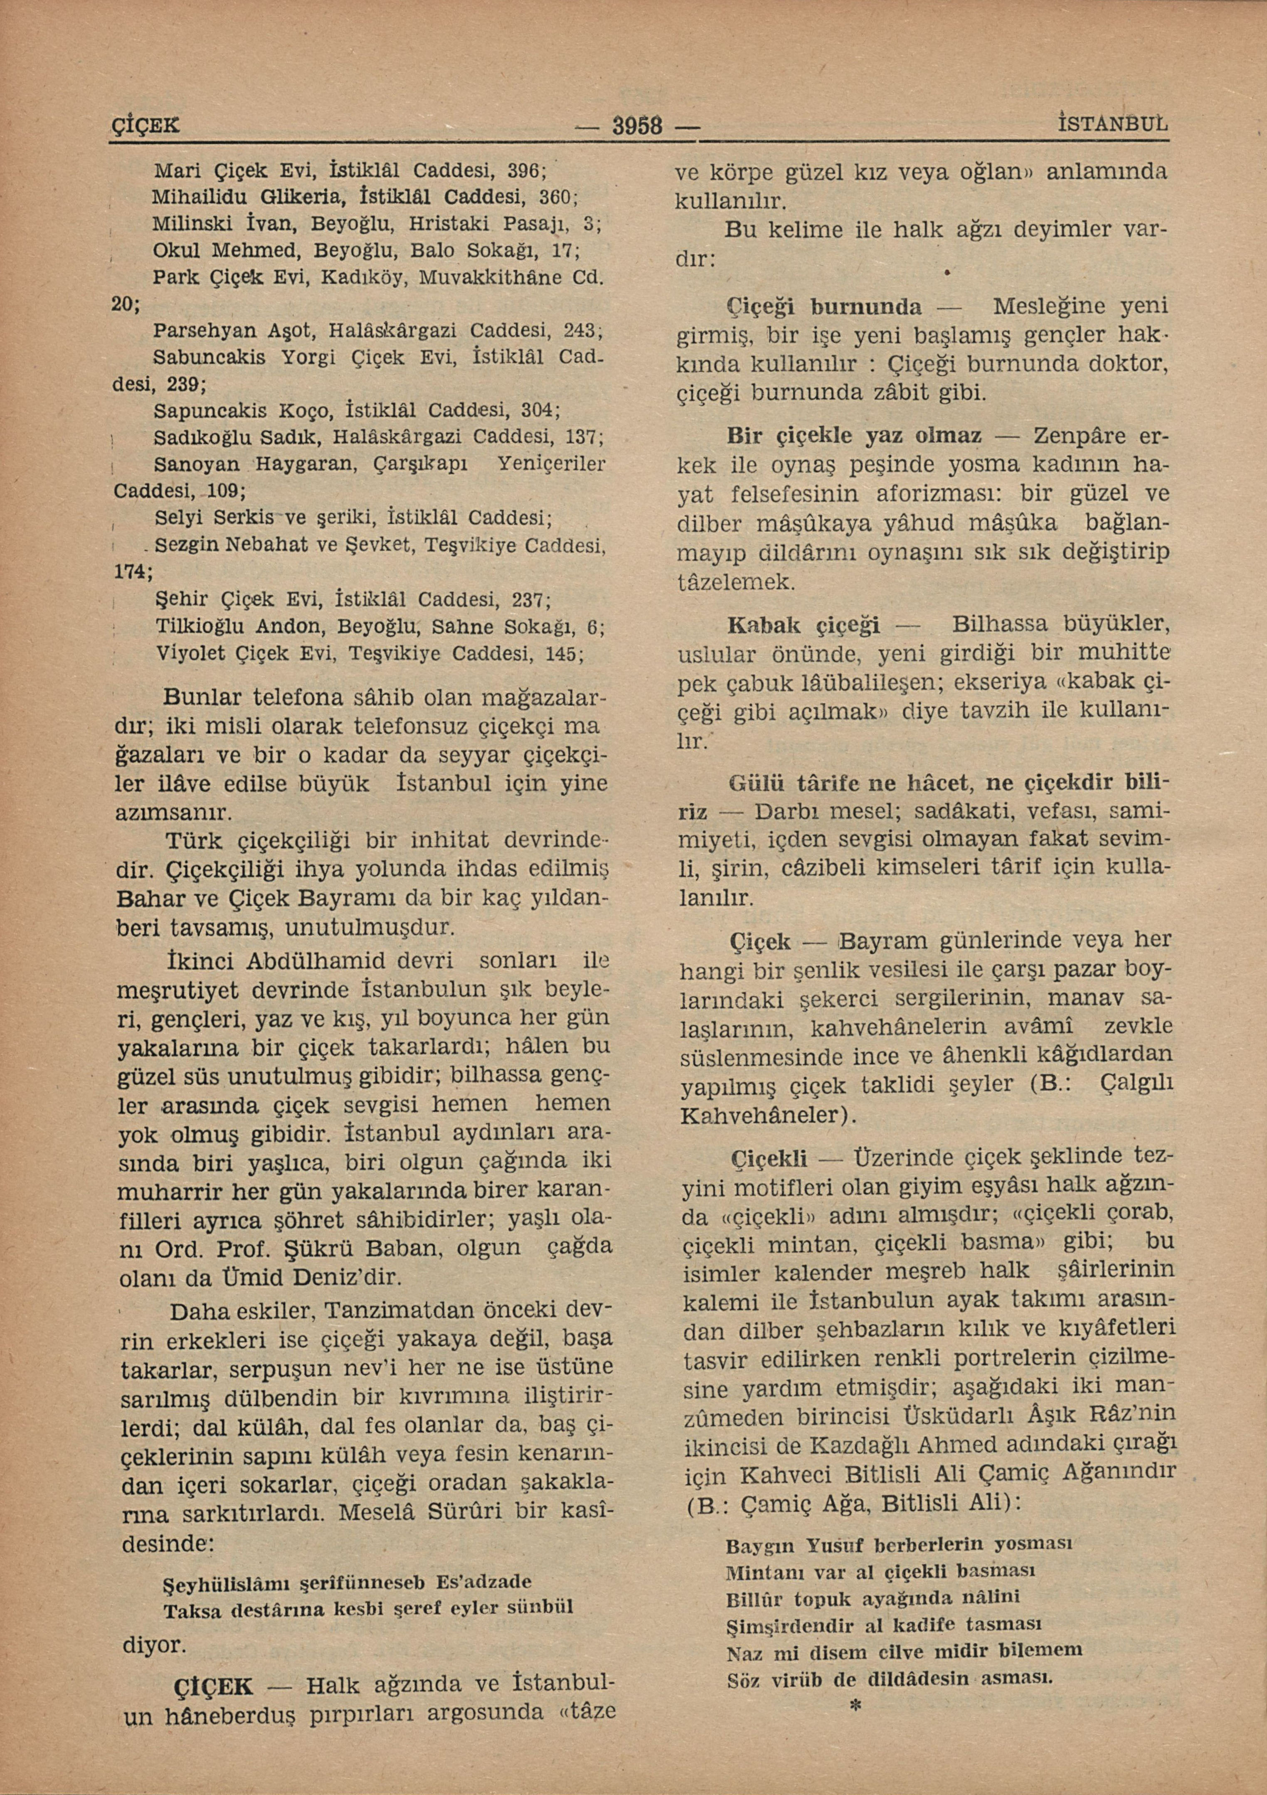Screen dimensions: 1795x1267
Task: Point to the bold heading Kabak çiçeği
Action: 804,625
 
